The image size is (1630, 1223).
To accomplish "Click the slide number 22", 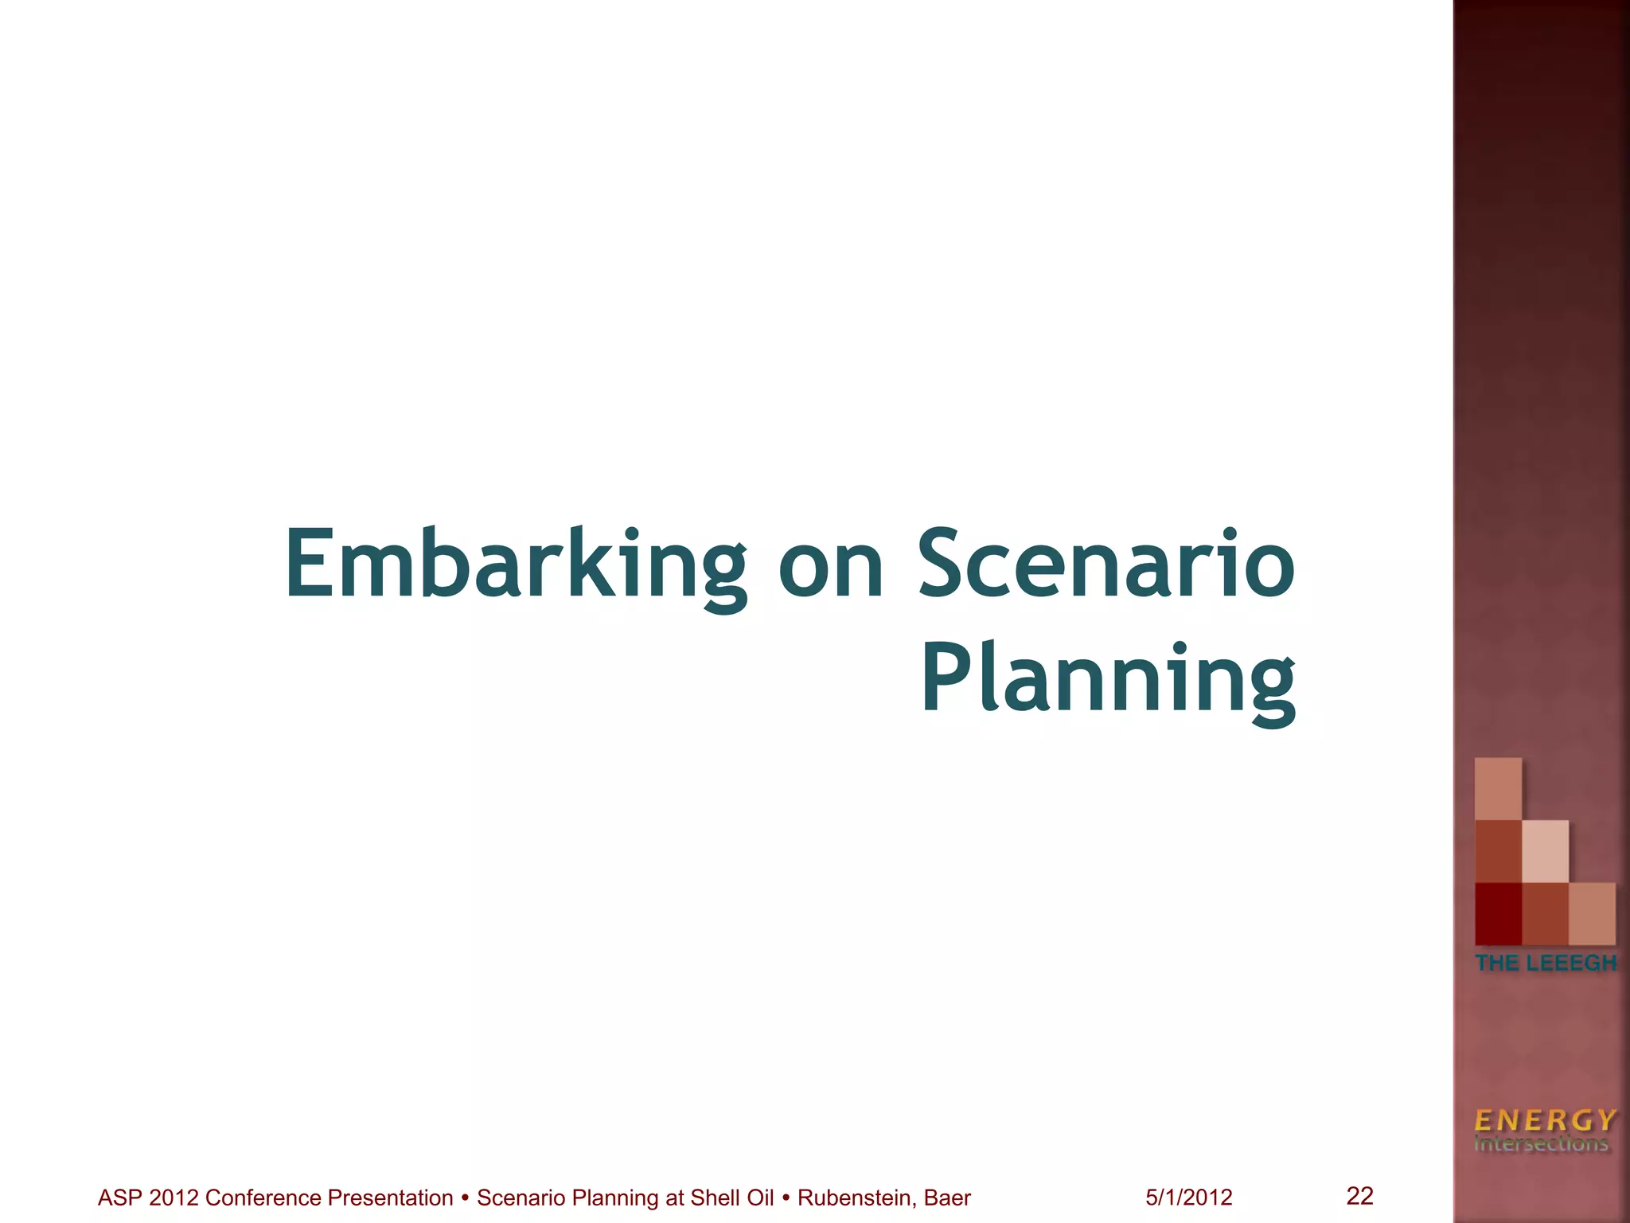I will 1359,1195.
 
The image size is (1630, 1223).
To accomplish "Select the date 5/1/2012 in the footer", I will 1189,1198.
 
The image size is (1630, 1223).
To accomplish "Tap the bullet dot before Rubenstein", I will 786,1197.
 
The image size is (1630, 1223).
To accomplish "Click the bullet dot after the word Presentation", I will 465,1197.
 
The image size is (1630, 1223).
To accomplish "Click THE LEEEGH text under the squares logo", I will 1546,963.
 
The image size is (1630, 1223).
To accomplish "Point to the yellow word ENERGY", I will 1545,1120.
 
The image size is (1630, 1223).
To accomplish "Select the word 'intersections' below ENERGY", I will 1541,1144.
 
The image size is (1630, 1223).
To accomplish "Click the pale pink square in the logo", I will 1546,851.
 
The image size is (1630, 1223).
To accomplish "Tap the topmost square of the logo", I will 1498,788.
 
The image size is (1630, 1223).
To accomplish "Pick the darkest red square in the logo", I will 1498,914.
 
